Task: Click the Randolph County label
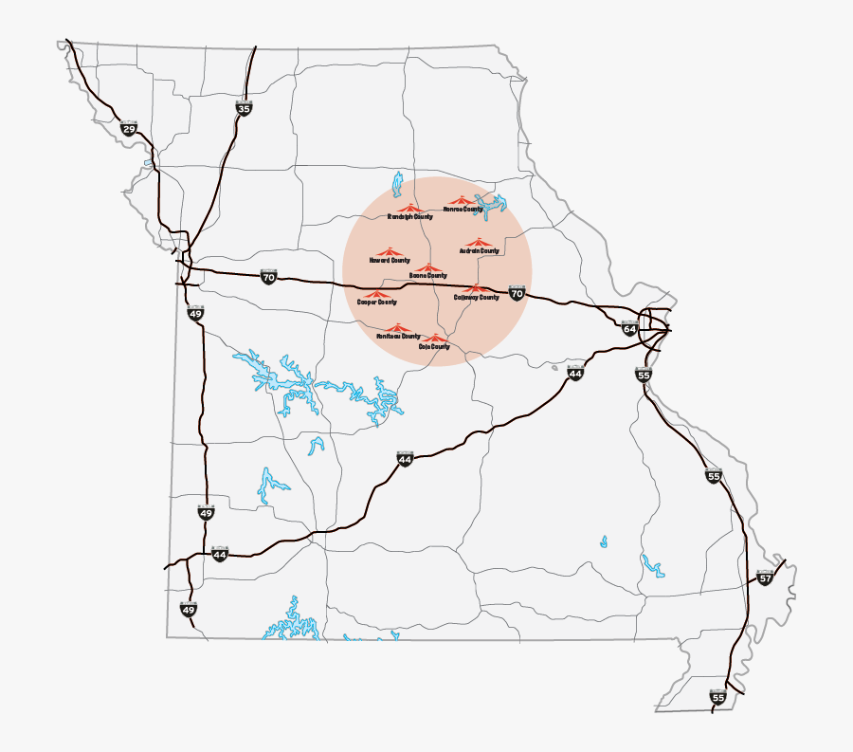[x=409, y=216]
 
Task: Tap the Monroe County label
[x=463, y=209]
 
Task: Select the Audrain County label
[x=479, y=251]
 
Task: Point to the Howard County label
[x=390, y=260]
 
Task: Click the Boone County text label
[x=427, y=276]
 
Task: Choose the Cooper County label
[x=376, y=303]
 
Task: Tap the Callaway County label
[x=476, y=298]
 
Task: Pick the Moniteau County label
[x=398, y=337]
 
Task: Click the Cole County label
[x=434, y=347]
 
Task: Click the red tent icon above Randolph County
[x=408, y=208]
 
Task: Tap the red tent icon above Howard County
[x=389, y=251]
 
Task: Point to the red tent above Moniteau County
[x=395, y=328]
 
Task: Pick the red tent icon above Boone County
[x=428, y=267]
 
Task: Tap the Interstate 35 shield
[x=244, y=108]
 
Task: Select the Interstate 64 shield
[x=628, y=328]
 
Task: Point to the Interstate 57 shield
[x=766, y=578]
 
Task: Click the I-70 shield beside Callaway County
[x=516, y=293]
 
